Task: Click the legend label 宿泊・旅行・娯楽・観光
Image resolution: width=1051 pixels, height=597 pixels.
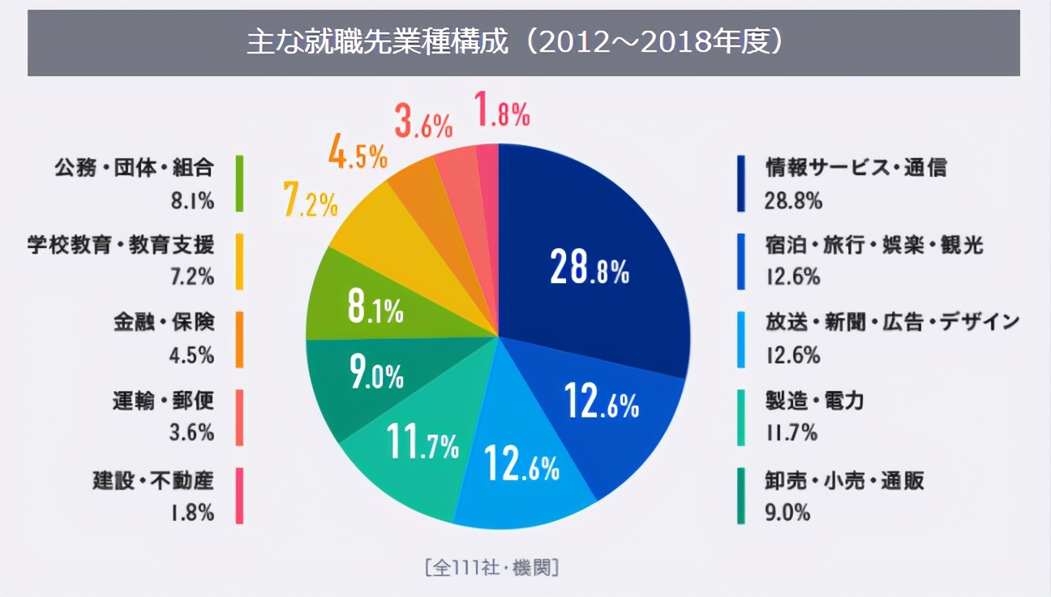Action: coord(874,245)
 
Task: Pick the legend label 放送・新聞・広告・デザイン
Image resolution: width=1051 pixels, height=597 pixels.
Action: coord(892,322)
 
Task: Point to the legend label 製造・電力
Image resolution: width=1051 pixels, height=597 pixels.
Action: coord(814,400)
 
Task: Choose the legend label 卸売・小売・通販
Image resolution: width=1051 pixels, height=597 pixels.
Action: coord(844,481)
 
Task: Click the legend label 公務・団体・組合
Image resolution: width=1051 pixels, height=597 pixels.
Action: coord(134,168)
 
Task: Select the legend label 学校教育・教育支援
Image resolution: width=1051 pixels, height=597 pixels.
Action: coord(121,245)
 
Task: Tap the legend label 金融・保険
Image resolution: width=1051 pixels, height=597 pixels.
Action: coord(163,322)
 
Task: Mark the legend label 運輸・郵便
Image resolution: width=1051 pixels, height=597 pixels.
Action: coord(163,400)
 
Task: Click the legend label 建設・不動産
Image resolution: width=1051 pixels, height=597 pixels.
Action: coord(152,481)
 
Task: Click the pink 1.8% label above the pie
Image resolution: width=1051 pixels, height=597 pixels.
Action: coord(502,112)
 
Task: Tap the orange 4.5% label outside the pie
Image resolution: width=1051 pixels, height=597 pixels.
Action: coord(358,154)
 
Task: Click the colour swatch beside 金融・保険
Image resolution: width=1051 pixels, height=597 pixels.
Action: coord(240,339)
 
